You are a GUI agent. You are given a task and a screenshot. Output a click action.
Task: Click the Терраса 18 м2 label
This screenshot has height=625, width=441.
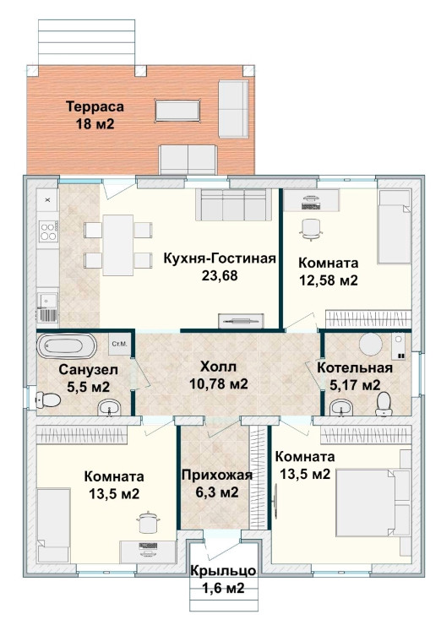coord(95,115)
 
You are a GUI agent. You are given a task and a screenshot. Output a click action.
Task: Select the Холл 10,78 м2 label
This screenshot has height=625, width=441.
coord(219,375)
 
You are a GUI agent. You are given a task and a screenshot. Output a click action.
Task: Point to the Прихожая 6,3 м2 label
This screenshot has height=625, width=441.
coord(217,483)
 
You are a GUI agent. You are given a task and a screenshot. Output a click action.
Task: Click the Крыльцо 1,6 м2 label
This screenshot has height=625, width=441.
coord(223,579)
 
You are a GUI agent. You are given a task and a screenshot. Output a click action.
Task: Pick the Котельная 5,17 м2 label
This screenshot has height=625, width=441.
coord(355,376)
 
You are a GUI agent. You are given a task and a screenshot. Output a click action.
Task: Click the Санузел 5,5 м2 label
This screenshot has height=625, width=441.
coord(88,378)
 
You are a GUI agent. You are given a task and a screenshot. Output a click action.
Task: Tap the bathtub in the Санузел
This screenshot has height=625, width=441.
coord(67,346)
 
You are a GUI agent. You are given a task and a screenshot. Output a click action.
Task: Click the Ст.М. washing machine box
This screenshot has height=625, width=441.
coord(119,344)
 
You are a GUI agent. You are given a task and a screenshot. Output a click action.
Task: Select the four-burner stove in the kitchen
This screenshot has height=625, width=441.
coord(48,231)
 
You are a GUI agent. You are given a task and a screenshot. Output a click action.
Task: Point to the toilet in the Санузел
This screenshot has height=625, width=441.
coord(48,399)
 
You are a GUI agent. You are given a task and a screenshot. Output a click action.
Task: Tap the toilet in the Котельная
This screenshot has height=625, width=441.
coord(384,404)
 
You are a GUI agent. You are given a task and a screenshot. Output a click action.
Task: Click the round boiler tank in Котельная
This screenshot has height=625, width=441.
coord(371,345)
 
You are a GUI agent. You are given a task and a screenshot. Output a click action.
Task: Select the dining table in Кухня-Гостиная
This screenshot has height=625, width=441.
coord(117,245)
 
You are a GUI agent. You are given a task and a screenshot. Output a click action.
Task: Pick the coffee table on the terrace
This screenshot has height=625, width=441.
coord(177,111)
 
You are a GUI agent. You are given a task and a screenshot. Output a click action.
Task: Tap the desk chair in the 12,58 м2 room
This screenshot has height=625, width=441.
coord(311,230)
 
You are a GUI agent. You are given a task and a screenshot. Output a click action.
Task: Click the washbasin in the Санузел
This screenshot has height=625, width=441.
coord(109,407)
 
